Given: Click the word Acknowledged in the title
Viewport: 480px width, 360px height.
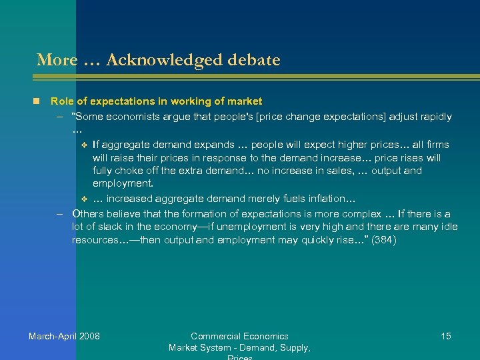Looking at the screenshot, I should [x=158, y=61].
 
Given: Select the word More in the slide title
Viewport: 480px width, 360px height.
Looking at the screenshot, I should [x=57, y=61].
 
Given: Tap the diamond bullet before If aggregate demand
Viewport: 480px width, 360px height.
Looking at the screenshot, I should [x=83, y=145].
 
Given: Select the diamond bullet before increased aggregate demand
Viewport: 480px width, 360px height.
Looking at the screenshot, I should [x=83, y=199].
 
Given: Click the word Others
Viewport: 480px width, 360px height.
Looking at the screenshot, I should [x=89, y=214].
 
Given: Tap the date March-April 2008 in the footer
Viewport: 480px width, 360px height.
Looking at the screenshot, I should [x=64, y=336].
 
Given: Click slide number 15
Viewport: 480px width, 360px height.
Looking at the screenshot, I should [x=446, y=336].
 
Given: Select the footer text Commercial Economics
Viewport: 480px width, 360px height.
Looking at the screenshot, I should [x=239, y=336].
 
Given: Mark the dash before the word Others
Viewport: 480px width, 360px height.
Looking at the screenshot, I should [x=59, y=214].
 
